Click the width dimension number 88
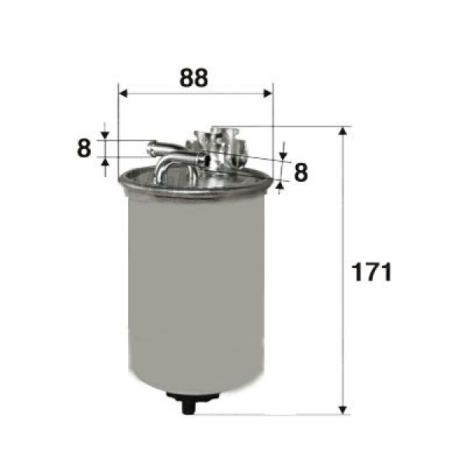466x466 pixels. (194, 78)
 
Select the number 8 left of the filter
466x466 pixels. (84, 148)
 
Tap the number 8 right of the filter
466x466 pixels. (301, 172)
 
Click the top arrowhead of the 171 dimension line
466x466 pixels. (343, 130)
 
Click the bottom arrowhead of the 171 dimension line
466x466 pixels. (343, 408)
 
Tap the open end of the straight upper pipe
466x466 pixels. (150, 144)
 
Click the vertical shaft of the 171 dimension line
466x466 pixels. (343, 233)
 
